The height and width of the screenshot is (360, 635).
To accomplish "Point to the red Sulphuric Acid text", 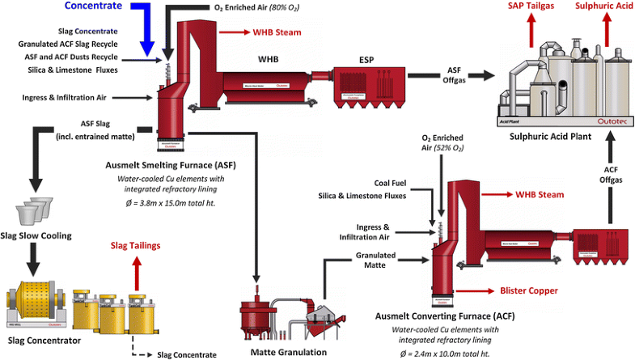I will tap(603, 6).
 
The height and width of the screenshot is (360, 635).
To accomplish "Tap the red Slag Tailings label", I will tap(136, 245).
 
